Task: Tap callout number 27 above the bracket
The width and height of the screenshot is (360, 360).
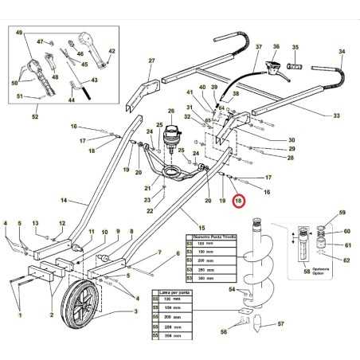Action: [x=151, y=61]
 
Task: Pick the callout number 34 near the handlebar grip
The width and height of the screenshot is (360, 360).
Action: [x=341, y=52]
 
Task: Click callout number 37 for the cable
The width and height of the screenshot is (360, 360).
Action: [x=259, y=48]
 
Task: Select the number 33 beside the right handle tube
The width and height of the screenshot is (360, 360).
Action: [x=335, y=115]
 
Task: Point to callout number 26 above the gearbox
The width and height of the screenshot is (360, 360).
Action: [x=170, y=112]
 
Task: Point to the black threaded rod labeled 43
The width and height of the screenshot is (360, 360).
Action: [x=77, y=83]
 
